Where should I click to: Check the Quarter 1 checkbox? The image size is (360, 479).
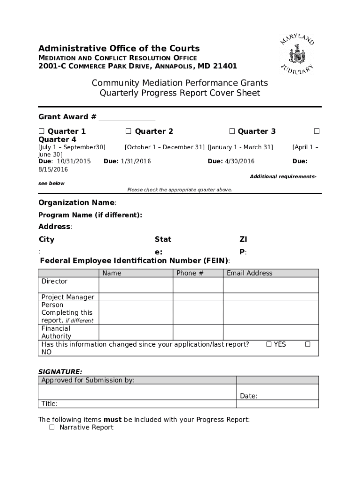41,131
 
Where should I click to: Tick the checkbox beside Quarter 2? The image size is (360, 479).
128,131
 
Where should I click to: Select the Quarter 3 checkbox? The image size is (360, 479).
231,131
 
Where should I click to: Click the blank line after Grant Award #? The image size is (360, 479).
127,117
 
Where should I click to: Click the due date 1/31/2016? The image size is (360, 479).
136,161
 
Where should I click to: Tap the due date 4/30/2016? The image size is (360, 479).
239,161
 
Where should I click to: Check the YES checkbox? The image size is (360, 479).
269,345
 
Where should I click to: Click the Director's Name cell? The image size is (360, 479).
136,285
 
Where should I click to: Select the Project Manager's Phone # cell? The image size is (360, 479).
198,297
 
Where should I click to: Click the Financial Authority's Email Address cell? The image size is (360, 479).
271,332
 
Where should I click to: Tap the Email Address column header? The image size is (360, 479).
249,273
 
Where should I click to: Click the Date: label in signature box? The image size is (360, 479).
248,396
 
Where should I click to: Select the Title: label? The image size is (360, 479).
50,404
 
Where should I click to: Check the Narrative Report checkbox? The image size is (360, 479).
52,428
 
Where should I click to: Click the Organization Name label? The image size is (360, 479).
76,203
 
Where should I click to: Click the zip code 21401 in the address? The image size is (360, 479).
225,66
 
